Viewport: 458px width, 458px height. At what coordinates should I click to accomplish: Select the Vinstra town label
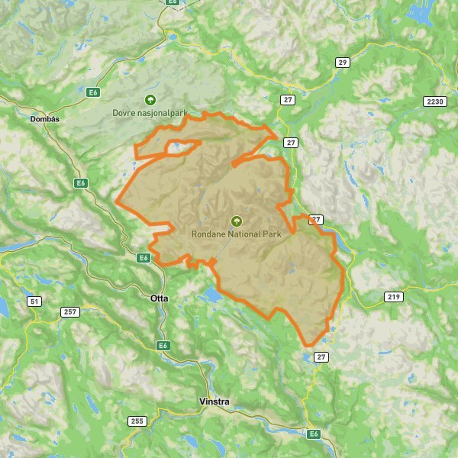(x=213, y=401)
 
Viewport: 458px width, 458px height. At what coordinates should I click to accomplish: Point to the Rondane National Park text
(x=235, y=234)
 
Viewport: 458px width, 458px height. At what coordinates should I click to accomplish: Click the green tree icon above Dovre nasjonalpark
(x=150, y=100)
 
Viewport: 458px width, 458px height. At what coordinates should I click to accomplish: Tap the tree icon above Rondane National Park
(x=235, y=221)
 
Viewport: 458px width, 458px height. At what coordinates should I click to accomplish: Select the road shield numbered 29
(x=342, y=63)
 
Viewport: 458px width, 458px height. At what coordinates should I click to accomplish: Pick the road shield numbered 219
(x=393, y=296)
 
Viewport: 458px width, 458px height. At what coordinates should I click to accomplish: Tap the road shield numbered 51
(x=34, y=302)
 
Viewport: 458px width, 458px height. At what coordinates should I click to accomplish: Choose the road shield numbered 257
(x=70, y=311)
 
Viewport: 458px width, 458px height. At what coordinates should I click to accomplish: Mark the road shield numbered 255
(x=137, y=421)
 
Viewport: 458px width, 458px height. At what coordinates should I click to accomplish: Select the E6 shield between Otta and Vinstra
(x=163, y=346)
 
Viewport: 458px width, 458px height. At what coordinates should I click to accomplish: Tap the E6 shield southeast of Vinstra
(x=313, y=434)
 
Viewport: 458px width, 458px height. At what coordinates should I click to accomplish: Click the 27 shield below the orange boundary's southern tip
(x=321, y=356)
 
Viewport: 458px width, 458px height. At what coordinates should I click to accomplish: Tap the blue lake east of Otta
(x=207, y=293)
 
